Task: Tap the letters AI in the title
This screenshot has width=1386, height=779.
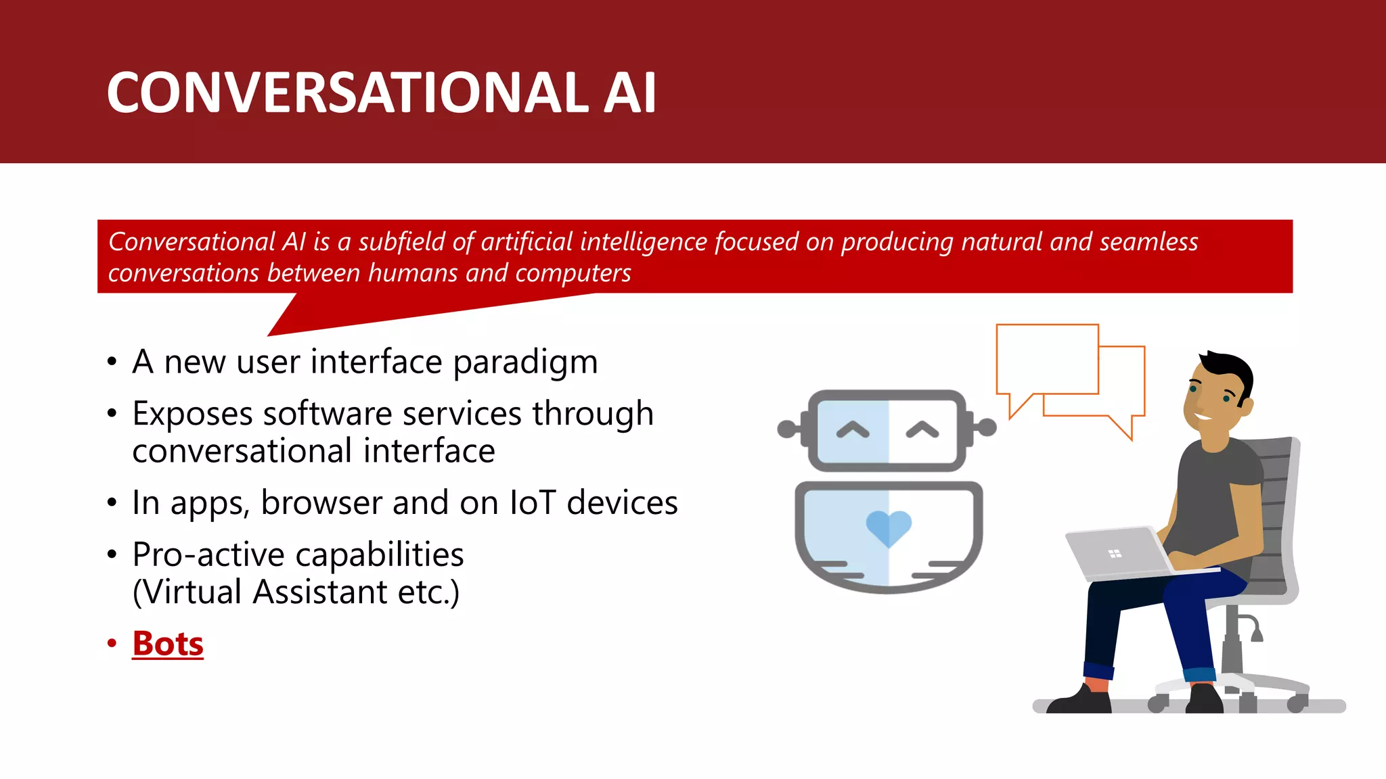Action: point(629,93)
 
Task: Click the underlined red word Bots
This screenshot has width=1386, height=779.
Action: point(168,643)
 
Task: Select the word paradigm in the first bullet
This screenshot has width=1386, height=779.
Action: point(525,362)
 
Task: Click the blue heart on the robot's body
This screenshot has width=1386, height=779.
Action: point(889,527)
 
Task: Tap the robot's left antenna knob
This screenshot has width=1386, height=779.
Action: point(787,429)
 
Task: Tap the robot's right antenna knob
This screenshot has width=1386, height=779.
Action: point(987,427)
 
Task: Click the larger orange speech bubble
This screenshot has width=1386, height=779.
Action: point(1047,358)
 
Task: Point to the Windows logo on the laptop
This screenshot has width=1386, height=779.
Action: point(1115,554)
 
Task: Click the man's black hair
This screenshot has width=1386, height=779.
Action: point(1228,369)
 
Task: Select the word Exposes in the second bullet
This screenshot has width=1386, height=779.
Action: point(192,414)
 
